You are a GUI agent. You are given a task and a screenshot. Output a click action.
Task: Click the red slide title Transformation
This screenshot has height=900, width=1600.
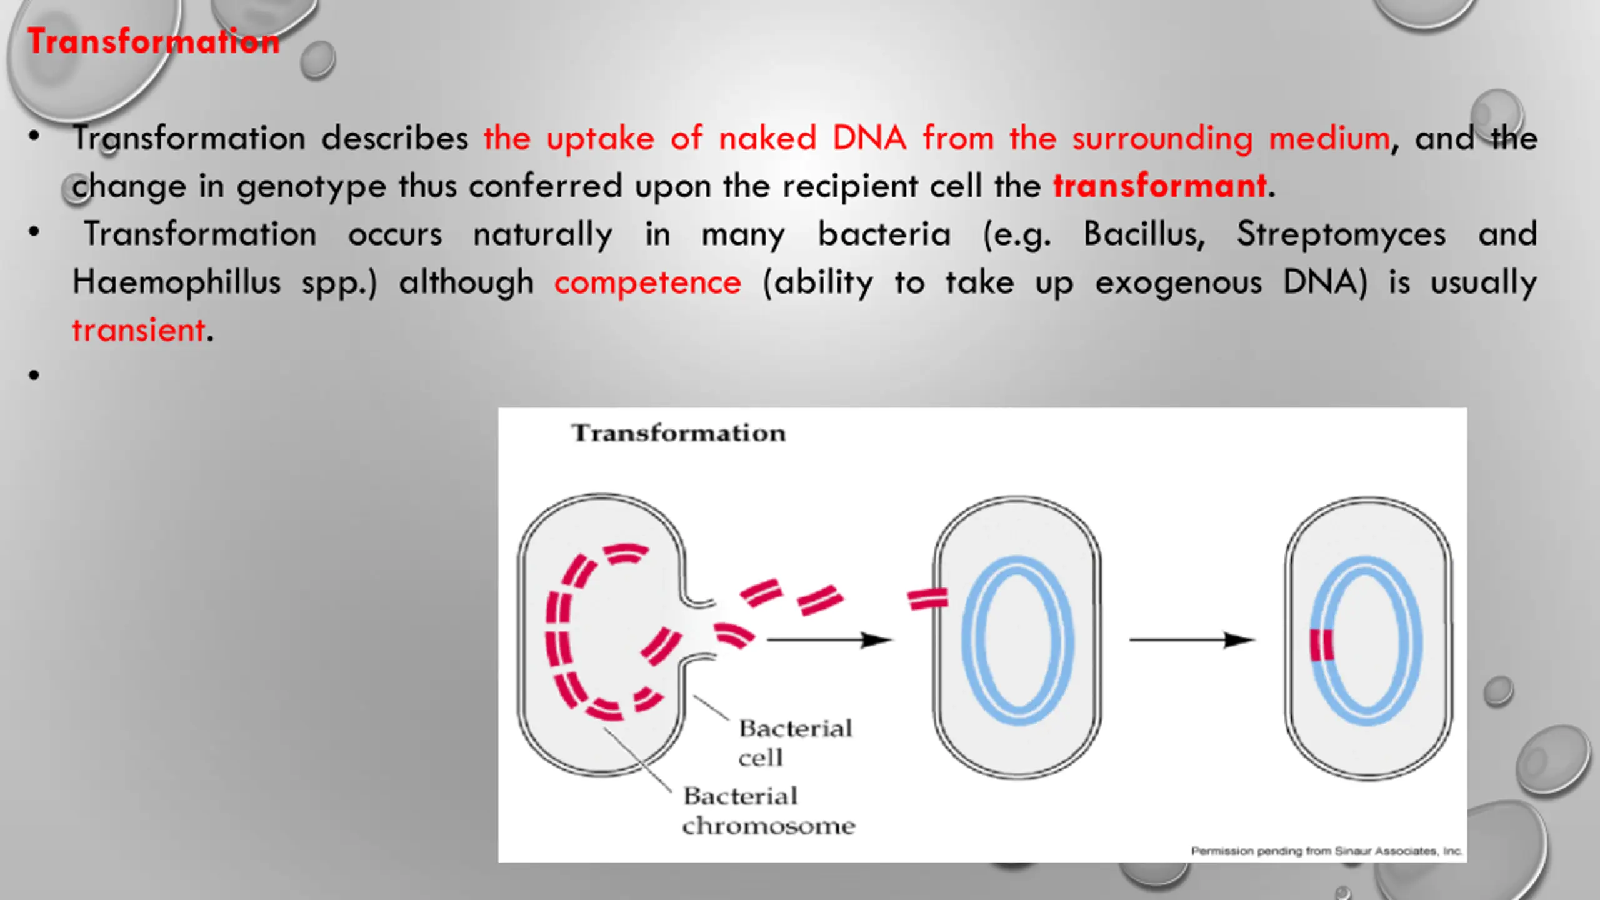[154, 42]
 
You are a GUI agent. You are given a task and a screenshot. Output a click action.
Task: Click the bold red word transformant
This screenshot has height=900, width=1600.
[1160, 186]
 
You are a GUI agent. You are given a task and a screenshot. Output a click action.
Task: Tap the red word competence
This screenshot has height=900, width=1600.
[647, 282]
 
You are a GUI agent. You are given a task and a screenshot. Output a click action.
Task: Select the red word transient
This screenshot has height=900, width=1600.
[139, 330]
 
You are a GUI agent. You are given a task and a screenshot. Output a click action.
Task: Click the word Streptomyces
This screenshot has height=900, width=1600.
[1341, 235]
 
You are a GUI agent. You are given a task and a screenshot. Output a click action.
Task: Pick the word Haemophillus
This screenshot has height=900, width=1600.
[177, 282]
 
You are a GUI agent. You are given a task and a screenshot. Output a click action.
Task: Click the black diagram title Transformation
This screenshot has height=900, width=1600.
[678, 432]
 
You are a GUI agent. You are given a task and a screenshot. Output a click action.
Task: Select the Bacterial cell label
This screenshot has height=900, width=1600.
[795, 742]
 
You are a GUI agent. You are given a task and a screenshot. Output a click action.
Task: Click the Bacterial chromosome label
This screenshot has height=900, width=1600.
[769, 811]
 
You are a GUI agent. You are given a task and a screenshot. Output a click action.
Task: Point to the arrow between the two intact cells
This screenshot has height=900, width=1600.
[1192, 640]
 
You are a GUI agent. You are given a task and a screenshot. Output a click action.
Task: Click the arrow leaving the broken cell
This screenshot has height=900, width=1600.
[829, 640]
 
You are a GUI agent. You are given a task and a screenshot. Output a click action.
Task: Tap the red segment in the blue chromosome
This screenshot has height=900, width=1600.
[1322, 644]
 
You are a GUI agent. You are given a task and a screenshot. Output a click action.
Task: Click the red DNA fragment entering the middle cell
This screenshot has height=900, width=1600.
[928, 599]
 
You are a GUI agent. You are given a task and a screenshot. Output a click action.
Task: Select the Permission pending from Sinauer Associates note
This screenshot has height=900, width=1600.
[1326, 851]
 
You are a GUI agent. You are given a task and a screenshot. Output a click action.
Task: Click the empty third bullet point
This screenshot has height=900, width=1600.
[34, 375]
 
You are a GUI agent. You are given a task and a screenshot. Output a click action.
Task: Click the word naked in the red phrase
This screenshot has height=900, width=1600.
[767, 138]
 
